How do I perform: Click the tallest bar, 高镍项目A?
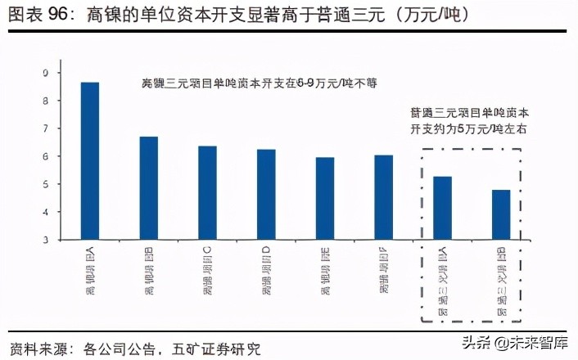click(x=89, y=161)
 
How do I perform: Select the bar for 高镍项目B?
click(x=148, y=188)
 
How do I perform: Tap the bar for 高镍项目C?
click(x=207, y=193)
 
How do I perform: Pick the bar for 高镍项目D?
click(x=266, y=195)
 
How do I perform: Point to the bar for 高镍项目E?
click(x=325, y=199)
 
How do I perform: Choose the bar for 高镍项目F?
click(x=383, y=197)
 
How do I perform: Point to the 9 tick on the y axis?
click(x=46, y=73)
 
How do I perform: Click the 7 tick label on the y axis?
click(x=46, y=128)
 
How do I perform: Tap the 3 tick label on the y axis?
click(x=46, y=241)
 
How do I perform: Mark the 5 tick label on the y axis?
click(x=46, y=185)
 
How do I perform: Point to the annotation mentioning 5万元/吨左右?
click(x=468, y=121)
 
